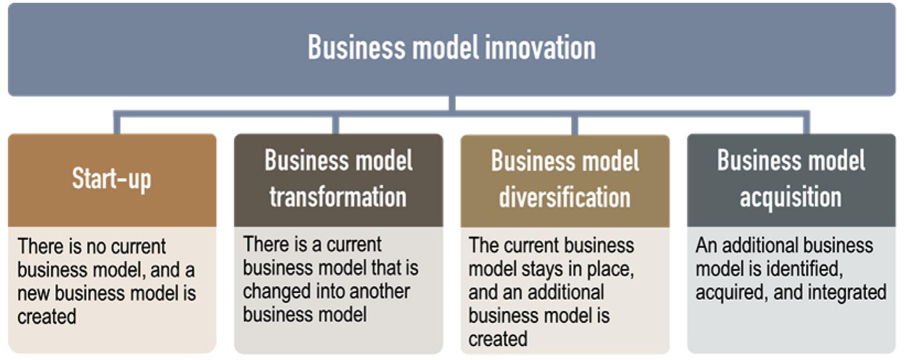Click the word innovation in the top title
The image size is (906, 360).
point(539,47)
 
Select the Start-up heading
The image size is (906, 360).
point(112,179)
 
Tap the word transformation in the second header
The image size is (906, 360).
point(338,197)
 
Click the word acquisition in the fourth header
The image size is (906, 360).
point(791,197)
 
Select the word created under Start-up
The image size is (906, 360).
point(47,316)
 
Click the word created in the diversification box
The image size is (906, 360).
point(498,339)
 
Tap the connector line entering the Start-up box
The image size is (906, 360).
point(117,124)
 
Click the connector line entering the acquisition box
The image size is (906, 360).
point(806,124)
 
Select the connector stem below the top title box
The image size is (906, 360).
point(452,104)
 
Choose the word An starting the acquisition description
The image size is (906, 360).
point(706,246)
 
